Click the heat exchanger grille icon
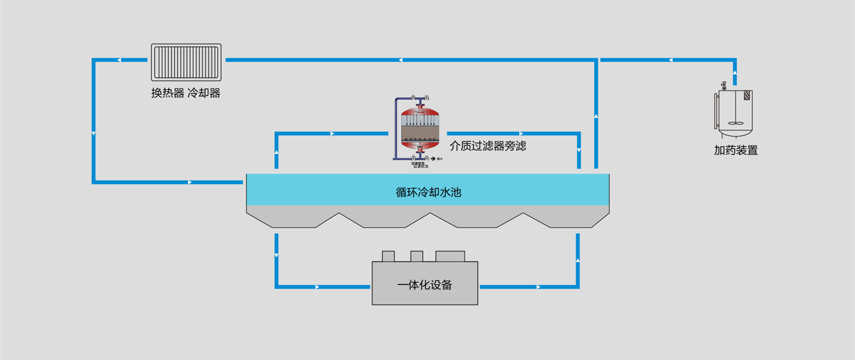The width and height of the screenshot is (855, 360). [186, 62]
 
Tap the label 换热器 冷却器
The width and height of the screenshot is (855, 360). [186, 93]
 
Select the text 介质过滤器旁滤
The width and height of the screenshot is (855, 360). [488, 146]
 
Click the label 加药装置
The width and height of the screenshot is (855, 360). [736, 150]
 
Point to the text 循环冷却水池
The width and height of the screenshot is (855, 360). [428, 192]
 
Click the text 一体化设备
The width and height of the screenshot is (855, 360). [424, 285]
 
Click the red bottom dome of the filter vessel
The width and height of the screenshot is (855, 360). [420, 145]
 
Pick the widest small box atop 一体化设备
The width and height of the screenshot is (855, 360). [450, 256]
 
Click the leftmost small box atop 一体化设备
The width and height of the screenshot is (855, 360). [388, 256]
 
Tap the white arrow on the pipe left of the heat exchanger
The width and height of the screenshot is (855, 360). [119, 60]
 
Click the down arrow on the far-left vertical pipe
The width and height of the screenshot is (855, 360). [93, 134]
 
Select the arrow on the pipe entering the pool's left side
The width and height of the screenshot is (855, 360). [190, 182]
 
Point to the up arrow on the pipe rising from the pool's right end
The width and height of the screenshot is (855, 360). [595, 115]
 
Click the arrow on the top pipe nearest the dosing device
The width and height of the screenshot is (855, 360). [670, 60]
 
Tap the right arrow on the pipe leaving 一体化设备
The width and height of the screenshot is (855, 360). [539, 287]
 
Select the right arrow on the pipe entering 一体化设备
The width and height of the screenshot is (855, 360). [317, 287]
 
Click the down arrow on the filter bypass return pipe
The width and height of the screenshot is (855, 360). [579, 151]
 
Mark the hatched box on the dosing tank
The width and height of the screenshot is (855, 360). [747, 95]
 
